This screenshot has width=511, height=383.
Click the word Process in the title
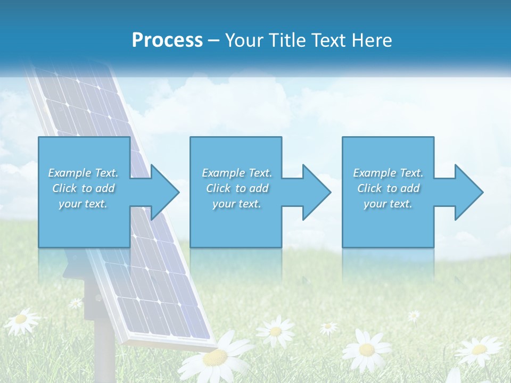coord(167,40)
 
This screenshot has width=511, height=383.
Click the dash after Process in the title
coord(213,40)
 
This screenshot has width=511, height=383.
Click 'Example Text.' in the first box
coord(83,173)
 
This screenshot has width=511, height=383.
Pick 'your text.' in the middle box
coord(236,204)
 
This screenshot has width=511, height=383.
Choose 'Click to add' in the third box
coord(388,188)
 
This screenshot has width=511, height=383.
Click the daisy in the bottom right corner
coord(479,349)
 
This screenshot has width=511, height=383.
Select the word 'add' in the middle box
coord(259,188)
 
